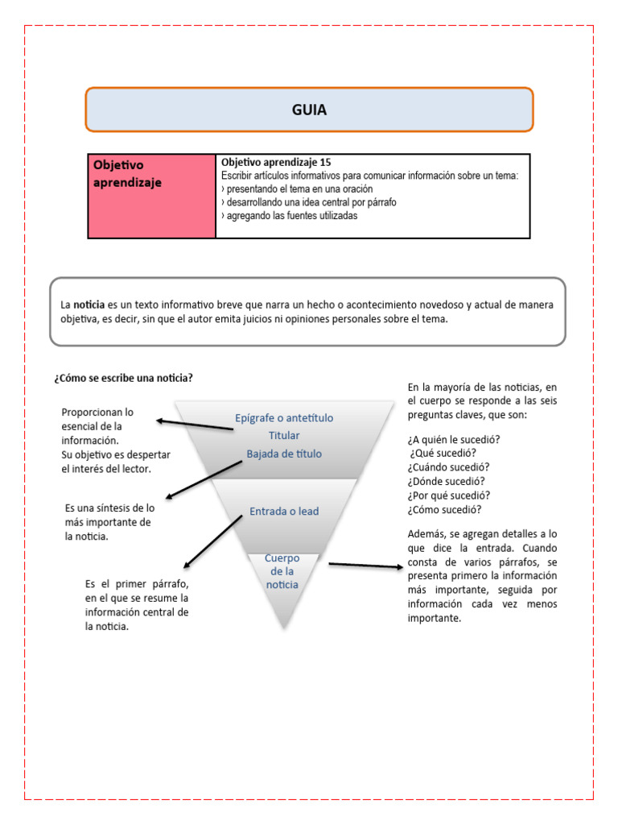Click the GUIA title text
(309, 110)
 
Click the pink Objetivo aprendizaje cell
(152, 196)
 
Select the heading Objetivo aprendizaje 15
(275, 162)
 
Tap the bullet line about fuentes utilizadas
(289, 216)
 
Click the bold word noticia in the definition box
(89, 305)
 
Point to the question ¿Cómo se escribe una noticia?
(123, 378)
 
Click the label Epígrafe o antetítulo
(283, 418)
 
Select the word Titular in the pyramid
(284, 436)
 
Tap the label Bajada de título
(284, 454)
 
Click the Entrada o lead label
(284, 511)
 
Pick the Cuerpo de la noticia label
(282, 571)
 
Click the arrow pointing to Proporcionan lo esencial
(195, 424)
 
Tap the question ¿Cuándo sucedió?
(448, 467)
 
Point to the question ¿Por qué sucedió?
(449, 495)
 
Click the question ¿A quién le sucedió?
(454, 439)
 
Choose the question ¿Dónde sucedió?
(447, 482)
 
